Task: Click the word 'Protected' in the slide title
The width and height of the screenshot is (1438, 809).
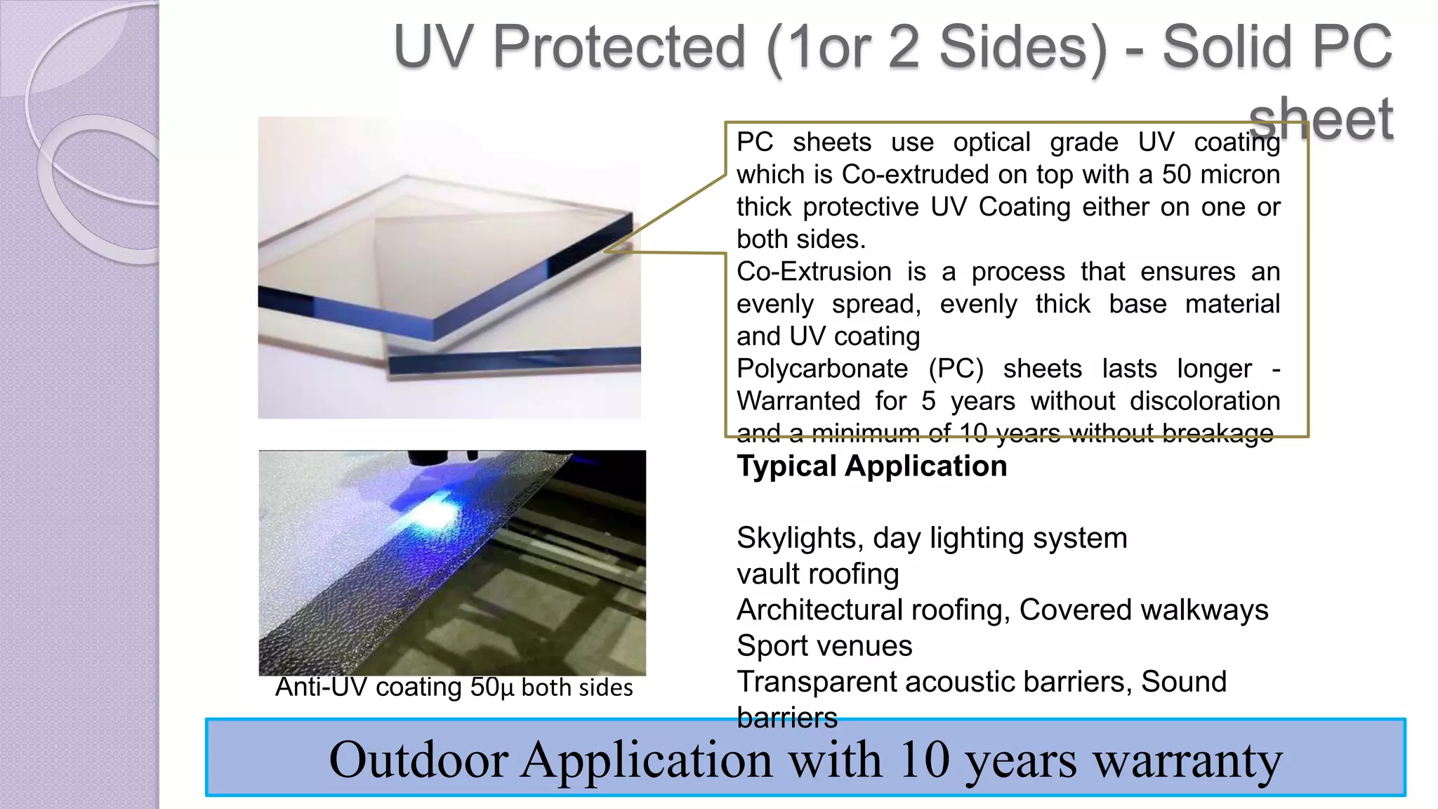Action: [x=619, y=48]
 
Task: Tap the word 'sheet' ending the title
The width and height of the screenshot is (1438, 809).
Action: [x=1320, y=119]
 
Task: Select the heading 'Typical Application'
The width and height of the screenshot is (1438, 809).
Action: [x=871, y=466]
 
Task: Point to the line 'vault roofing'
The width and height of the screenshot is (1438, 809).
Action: [x=817, y=574]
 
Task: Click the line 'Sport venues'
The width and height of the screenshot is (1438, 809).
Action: [x=824, y=646]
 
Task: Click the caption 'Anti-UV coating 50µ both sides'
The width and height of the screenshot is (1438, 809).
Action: [x=454, y=688]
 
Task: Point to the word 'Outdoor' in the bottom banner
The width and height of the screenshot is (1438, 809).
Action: [x=418, y=761]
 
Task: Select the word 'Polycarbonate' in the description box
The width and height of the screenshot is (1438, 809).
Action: [x=822, y=369]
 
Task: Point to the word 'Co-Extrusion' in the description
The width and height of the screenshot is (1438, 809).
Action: [x=814, y=272]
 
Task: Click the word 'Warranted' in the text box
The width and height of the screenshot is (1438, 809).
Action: [x=798, y=401]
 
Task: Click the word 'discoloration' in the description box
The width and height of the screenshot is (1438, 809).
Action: [x=1205, y=401]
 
